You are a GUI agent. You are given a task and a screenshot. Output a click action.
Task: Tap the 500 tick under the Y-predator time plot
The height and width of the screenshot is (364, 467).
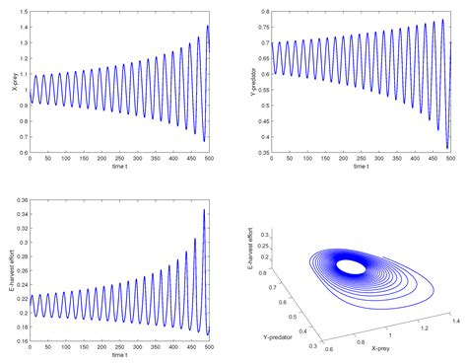point(450,159)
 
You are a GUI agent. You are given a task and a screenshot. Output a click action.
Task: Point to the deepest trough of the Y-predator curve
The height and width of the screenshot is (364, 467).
point(446,148)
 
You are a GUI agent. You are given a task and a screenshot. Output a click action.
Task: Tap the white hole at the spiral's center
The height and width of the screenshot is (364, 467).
point(349,266)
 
